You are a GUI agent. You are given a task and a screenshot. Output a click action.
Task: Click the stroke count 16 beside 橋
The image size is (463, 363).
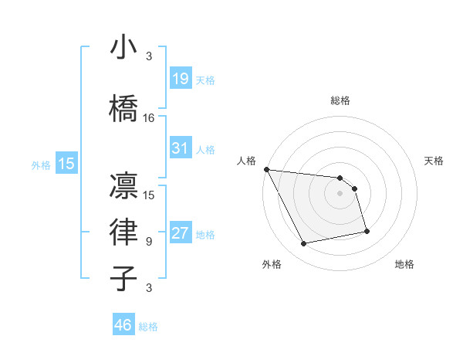point(149,118)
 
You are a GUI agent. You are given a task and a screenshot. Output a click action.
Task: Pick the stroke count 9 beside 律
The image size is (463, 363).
point(149,242)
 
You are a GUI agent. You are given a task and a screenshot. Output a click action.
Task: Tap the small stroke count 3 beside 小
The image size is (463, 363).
point(149,56)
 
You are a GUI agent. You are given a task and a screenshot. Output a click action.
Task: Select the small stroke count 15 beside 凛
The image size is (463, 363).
point(149,195)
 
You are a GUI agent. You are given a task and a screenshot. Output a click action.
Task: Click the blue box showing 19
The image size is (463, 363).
point(181,79)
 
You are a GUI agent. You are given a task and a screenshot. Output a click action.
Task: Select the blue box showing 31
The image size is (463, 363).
point(181,148)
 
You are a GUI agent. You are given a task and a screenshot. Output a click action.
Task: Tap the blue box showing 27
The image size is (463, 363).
point(181,233)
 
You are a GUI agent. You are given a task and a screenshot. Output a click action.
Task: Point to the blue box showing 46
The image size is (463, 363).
point(123,325)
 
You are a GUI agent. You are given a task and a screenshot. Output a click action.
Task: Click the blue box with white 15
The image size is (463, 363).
point(66,164)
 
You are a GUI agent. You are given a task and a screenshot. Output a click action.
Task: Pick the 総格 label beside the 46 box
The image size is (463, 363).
point(148,327)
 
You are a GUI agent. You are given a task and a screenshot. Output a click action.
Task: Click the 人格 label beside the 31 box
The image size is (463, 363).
point(205,149)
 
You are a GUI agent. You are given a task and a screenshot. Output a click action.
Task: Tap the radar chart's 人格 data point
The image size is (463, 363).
point(266,169)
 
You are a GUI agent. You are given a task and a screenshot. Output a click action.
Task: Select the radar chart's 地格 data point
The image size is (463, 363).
point(367,231)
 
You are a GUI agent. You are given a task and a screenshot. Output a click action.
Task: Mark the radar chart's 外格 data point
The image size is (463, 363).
point(304,244)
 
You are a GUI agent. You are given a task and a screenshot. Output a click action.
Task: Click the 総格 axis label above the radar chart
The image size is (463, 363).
point(340,100)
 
